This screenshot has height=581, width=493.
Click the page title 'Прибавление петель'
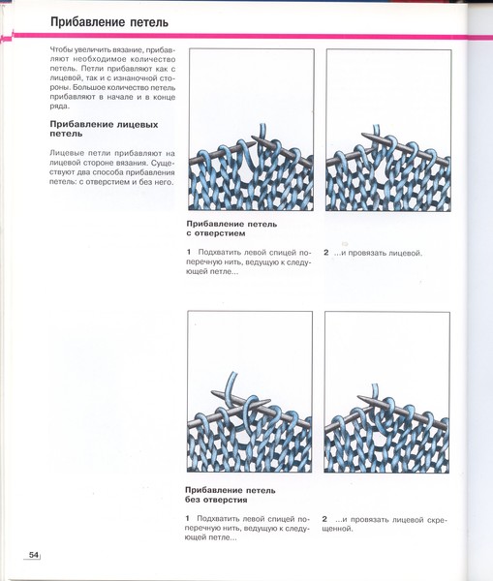point(109,22)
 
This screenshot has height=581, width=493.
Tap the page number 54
point(34,555)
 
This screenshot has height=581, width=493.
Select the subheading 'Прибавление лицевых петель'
point(104,129)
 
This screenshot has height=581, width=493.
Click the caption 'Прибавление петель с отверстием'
point(231,229)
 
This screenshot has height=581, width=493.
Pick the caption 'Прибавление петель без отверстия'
point(231,495)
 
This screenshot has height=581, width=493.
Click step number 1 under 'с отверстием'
point(189,252)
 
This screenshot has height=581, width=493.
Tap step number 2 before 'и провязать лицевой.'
point(325,253)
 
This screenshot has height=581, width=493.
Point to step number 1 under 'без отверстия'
point(188,518)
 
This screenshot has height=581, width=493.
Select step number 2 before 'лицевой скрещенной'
point(324,519)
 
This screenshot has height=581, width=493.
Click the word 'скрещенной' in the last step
point(385,524)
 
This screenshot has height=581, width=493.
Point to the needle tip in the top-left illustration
point(253,138)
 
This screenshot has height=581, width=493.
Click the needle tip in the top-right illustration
point(362,133)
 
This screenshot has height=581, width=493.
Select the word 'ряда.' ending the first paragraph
point(59,107)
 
